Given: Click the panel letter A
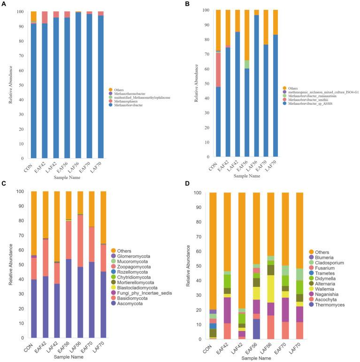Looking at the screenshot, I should click(x=3, y=4).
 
